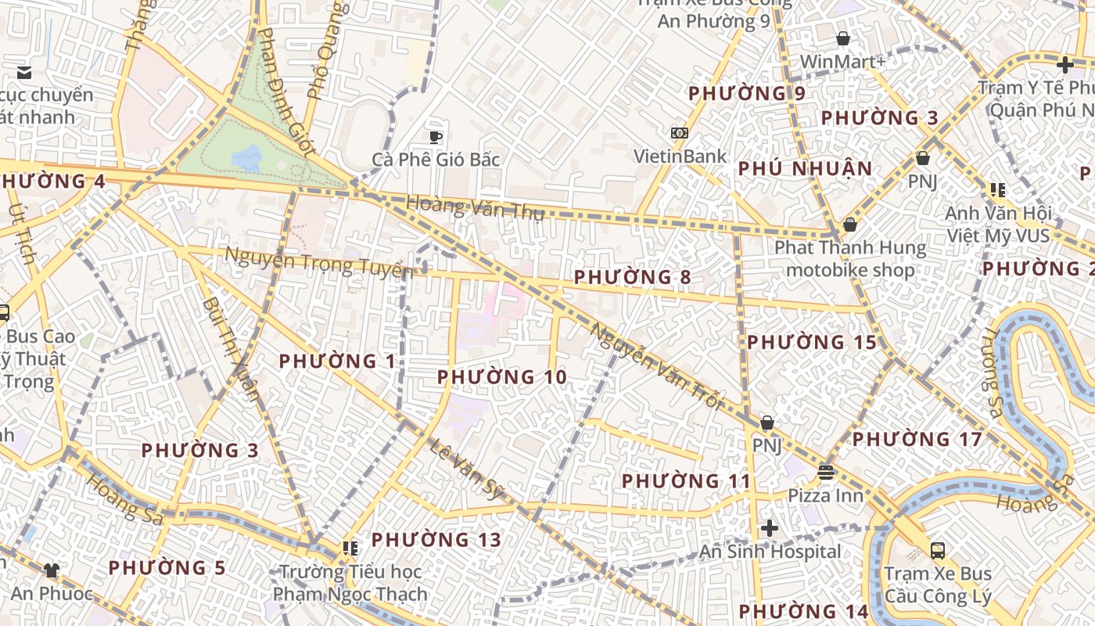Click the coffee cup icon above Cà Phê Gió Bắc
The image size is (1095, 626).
pyautogui.click(x=436, y=136)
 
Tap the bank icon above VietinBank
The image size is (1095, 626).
pyautogui.click(x=680, y=133)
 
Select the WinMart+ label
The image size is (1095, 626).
pyautogui.click(x=842, y=61)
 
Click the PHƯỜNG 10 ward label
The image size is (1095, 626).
pyautogui.click(x=501, y=377)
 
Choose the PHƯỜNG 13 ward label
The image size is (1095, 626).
pyautogui.click(x=436, y=540)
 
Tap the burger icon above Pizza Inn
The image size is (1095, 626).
pyautogui.click(x=826, y=472)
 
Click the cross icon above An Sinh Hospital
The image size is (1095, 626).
pyautogui.click(x=770, y=528)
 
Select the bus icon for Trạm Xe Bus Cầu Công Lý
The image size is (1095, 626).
pyautogui.click(x=938, y=550)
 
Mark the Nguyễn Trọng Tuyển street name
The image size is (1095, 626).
pyautogui.click(x=318, y=263)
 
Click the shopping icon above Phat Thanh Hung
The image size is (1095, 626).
pyautogui.click(x=850, y=225)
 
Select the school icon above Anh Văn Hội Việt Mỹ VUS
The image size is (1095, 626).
pyautogui.click(x=997, y=189)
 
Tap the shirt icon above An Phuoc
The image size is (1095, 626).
pyautogui.click(x=52, y=570)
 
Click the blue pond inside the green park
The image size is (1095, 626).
pyautogui.click(x=247, y=158)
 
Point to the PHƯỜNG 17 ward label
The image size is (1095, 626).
pyautogui.click(x=916, y=440)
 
